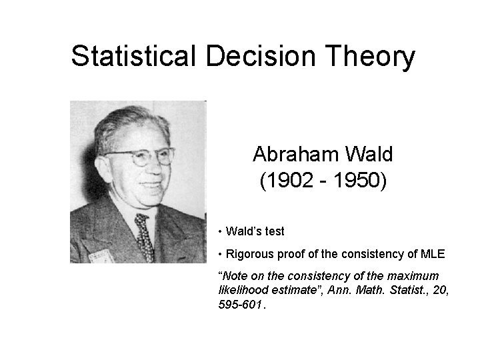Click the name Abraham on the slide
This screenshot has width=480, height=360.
(294, 155)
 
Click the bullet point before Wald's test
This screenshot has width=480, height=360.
(221, 232)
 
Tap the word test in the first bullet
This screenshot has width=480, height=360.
(273, 232)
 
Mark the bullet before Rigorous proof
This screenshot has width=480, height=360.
(221, 254)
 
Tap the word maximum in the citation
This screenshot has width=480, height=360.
(415, 276)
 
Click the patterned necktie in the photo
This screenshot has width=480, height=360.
(143, 237)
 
